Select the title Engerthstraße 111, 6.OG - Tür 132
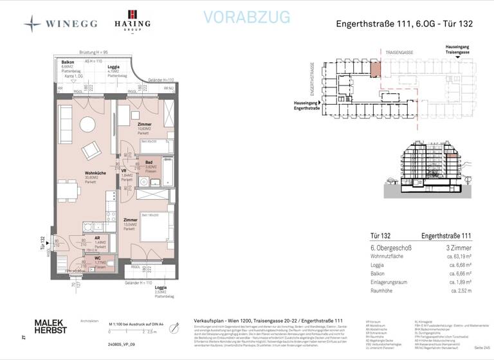pos(405,24)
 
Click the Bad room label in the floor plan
pos(149,163)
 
